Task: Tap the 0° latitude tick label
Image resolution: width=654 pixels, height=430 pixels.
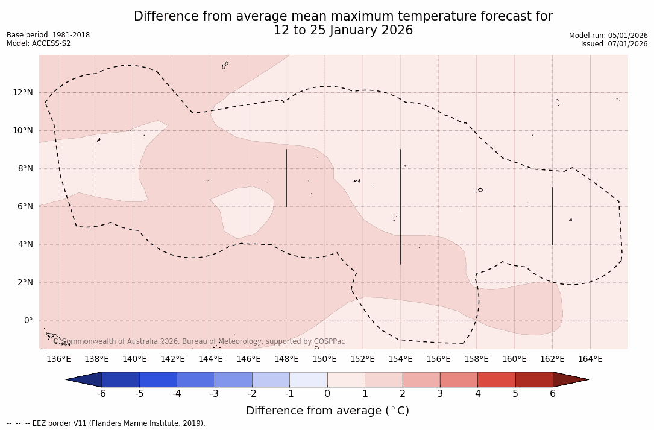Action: click(27, 320)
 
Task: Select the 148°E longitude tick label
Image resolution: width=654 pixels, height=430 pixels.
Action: click(286, 359)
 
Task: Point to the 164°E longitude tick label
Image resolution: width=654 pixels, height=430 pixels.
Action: click(590, 359)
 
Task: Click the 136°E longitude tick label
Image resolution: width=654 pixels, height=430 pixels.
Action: click(58, 359)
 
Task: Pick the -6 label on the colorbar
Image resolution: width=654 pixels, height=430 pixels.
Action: click(101, 394)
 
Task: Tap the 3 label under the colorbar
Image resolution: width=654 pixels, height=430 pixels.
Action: click(440, 394)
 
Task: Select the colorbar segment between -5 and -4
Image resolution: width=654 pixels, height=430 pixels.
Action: click(158, 379)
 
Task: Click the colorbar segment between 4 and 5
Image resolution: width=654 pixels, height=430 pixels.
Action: click(496, 379)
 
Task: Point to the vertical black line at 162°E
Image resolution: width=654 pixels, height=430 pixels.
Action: click(552, 216)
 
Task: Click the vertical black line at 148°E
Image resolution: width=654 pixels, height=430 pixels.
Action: click(286, 178)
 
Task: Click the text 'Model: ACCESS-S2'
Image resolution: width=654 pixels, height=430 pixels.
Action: click(39, 43)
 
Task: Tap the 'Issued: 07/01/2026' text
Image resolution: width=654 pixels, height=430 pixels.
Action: click(614, 44)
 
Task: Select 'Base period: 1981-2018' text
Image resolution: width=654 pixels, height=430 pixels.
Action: click(48, 35)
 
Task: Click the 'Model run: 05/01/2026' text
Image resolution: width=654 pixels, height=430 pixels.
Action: click(608, 36)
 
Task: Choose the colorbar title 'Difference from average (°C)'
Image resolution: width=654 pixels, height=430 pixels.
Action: click(327, 411)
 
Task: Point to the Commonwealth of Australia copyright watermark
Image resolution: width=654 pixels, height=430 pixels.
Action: click(203, 341)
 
